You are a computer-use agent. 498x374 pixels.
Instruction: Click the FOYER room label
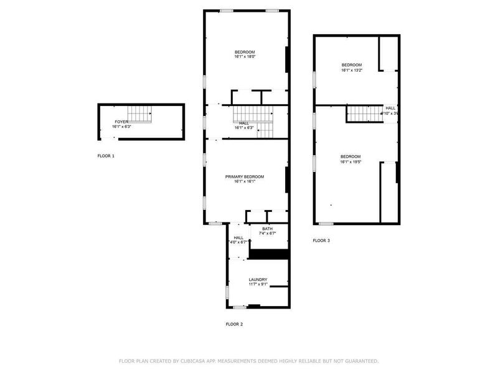click(121, 122)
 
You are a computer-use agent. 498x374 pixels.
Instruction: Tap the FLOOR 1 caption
click(106, 156)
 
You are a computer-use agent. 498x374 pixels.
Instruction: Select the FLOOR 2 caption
click(234, 324)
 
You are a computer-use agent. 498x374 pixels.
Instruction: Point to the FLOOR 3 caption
click(321, 240)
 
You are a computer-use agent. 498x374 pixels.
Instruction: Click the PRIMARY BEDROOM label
click(245, 176)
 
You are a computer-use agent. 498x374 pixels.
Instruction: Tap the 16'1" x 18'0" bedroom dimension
click(245, 57)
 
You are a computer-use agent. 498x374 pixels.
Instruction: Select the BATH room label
click(267, 229)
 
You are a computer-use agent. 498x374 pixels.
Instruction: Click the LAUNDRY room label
click(258, 279)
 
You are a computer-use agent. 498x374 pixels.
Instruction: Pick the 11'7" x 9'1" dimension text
click(258, 284)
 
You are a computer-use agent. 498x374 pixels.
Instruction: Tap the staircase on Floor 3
click(360, 113)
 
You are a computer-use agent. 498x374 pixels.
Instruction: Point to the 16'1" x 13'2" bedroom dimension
click(351, 70)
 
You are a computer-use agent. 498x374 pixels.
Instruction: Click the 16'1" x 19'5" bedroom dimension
click(350, 161)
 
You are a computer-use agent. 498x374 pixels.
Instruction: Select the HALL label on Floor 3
click(390, 108)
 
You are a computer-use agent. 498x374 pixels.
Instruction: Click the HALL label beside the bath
click(238, 237)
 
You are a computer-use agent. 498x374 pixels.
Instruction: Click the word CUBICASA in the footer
click(195, 361)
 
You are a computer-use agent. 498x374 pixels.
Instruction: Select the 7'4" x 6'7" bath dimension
click(267, 234)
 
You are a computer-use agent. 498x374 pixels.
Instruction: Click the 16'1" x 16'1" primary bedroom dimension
click(245, 181)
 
